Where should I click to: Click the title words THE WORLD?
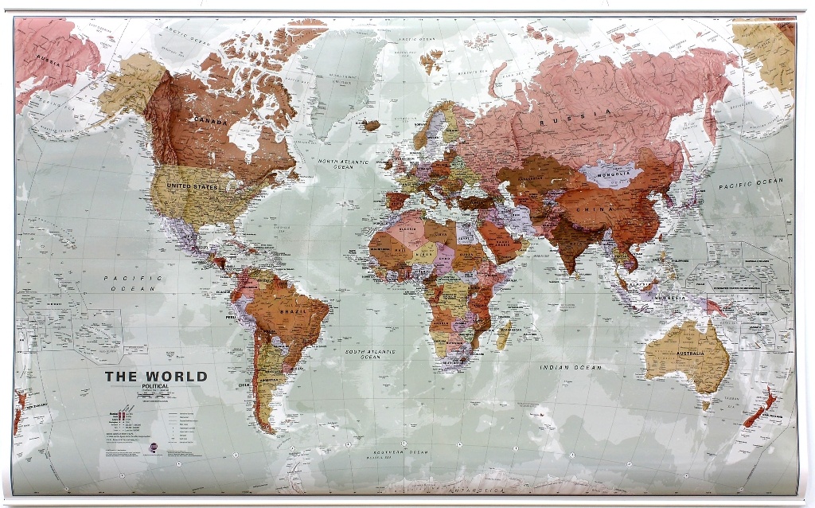156,377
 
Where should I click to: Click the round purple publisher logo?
154,450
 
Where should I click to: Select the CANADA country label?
210,120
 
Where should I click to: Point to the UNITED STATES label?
192,186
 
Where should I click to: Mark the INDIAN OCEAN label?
571,367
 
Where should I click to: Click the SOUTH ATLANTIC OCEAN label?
369,354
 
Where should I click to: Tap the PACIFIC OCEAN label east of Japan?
751,182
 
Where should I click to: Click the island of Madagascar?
503,333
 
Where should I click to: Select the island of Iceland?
371,125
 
